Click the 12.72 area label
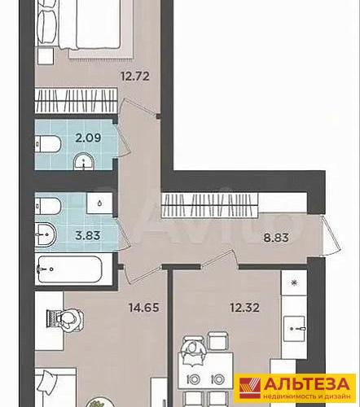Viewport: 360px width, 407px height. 135,77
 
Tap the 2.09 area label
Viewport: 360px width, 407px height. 88,138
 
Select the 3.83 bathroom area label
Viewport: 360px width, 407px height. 88,235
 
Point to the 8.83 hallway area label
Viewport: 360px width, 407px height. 276,238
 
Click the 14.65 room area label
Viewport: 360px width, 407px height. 144,308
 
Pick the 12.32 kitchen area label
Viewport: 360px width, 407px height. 244,308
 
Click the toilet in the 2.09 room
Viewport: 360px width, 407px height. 48,144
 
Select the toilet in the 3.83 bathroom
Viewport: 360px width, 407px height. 48,206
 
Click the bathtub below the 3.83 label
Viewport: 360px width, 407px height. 70,269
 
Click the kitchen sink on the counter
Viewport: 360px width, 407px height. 294,329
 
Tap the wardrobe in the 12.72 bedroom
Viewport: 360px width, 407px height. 77,100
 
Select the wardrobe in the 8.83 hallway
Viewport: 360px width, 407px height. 210,205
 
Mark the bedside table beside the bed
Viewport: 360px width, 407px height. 46,56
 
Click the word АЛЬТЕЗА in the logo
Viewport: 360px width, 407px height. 306,384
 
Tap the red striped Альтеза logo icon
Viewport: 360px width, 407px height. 250,388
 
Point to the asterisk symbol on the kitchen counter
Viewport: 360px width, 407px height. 294,283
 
